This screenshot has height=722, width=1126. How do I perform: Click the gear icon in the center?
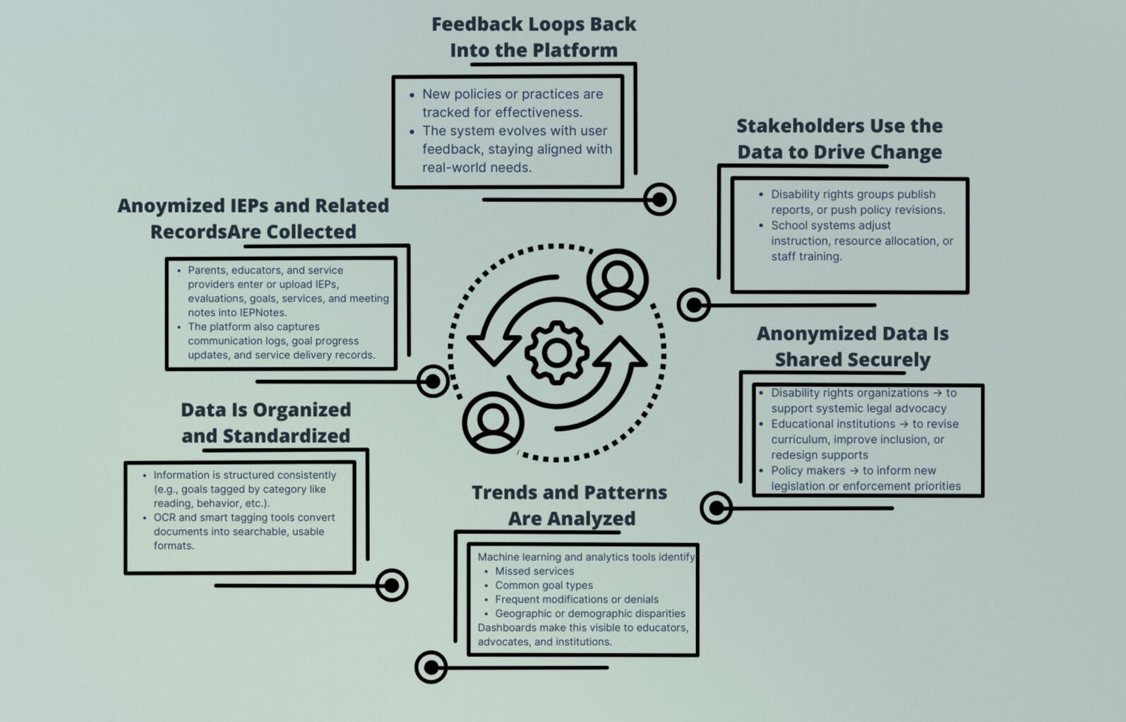(x=556, y=353)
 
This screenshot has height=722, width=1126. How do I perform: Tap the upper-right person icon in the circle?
(x=618, y=280)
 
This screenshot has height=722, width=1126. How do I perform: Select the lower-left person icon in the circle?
(x=493, y=422)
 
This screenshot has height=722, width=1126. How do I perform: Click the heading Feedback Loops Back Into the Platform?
(x=534, y=37)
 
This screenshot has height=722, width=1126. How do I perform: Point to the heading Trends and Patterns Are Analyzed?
(x=570, y=505)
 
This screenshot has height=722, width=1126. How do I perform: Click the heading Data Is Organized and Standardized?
(x=266, y=422)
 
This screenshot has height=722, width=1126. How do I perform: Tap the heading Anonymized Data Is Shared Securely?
(x=852, y=346)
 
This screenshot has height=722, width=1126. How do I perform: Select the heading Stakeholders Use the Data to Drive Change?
(x=839, y=138)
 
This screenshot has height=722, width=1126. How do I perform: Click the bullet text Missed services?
(x=534, y=571)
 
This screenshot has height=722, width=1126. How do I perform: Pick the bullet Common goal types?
(x=544, y=585)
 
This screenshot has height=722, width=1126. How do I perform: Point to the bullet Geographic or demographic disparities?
(x=589, y=613)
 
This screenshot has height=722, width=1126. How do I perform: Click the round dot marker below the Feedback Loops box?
(x=659, y=200)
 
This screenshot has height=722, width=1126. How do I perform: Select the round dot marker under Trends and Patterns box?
(x=431, y=667)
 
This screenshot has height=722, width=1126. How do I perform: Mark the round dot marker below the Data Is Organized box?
(x=392, y=585)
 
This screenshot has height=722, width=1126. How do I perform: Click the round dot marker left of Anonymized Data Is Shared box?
(x=716, y=508)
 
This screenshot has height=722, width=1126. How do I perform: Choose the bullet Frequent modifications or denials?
(x=576, y=599)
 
